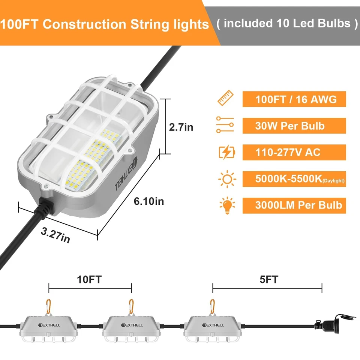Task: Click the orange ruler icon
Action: pyautogui.click(x=226, y=99)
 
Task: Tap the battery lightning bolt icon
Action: pyautogui.click(x=227, y=152)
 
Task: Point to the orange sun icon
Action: pyautogui.click(x=226, y=179)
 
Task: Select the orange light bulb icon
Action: pyautogui.click(x=226, y=205)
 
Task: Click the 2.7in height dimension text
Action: pyautogui.click(x=181, y=127)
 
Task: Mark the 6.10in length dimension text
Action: pyautogui.click(x=149, y=201)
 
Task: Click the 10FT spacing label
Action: pyautogui.click(x=89, y=279)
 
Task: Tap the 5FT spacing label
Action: pyautogui.click(x=268, y=279)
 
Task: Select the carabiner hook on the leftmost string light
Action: pyautogui.click(x=49, y=306)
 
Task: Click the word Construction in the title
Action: pyautogui.click(x=85, y=24)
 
